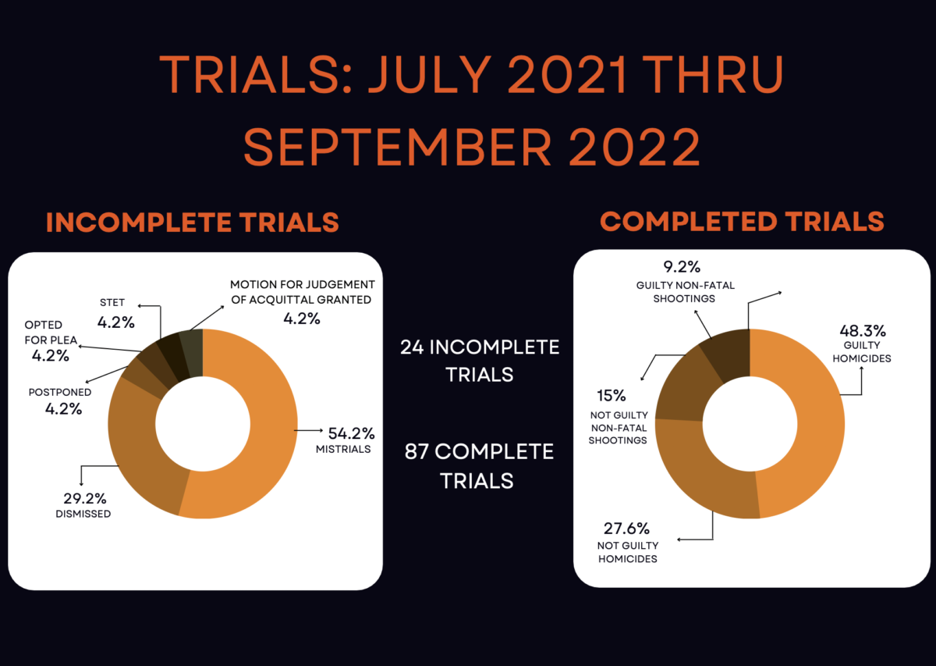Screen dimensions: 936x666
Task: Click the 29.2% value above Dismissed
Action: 85,498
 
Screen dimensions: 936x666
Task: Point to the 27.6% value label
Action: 626,529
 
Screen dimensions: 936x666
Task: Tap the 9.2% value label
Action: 682,266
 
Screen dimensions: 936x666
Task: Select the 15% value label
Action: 612,395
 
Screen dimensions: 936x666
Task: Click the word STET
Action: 112,302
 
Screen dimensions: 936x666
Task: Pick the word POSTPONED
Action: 60,392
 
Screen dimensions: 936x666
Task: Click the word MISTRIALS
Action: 343,449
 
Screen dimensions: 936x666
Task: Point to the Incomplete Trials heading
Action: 192,222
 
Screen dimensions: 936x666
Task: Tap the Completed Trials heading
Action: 742,221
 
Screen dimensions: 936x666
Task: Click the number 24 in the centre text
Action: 412,347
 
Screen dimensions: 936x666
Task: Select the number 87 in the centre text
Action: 417,452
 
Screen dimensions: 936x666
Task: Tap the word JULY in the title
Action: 431,74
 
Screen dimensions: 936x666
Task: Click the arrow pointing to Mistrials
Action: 308,430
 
